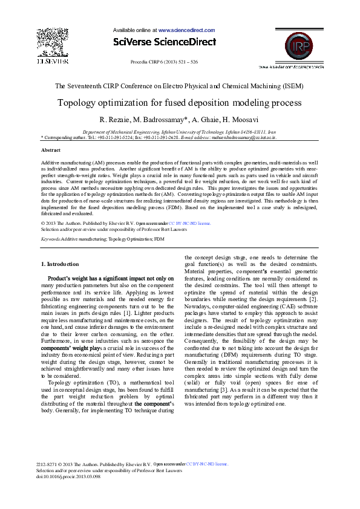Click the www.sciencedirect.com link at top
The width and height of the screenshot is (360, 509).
coord(186,30)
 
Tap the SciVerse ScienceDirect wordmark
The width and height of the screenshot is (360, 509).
coord(164,42)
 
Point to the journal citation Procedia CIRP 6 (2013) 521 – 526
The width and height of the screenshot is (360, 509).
coord(164,62)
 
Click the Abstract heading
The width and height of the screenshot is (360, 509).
coord(50,150)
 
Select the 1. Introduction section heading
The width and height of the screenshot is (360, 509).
coord(59,264)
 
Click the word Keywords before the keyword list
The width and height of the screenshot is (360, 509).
coord(50,239)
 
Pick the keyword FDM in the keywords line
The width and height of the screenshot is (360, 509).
coord(159,239)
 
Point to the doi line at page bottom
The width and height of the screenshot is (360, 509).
coord(68,476)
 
